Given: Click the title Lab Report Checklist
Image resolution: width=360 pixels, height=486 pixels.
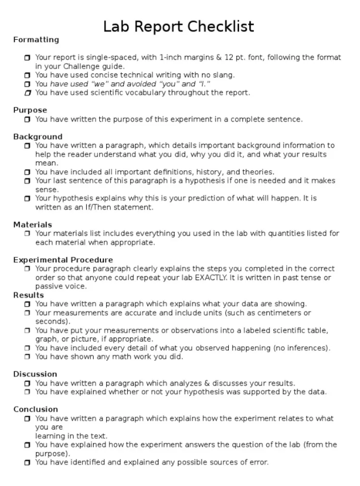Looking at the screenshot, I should coord(179,26).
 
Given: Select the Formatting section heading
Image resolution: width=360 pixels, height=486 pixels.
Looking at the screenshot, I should coord(36,40).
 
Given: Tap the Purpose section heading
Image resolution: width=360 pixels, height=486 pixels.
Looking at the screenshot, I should coord(30,110).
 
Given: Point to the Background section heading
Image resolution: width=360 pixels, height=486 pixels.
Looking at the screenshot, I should coord(37,137).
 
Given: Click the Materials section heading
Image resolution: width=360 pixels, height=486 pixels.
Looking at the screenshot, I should coord(32,225).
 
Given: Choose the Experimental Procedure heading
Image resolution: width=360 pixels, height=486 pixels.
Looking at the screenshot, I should coord(63,260).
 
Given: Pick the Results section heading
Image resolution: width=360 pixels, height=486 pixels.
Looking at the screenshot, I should coord(28,295).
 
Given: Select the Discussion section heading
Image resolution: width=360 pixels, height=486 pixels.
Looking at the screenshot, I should coord(35,374).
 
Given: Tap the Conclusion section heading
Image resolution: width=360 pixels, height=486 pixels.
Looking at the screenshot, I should coord(36,409).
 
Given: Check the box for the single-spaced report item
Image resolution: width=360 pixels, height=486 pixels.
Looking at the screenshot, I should coord(28,58).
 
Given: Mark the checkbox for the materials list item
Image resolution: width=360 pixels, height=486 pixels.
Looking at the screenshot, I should coord(28,233).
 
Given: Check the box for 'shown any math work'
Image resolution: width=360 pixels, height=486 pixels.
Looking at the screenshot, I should coord(28,357).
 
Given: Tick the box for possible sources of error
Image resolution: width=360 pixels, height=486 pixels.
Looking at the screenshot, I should coord(28,463).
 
